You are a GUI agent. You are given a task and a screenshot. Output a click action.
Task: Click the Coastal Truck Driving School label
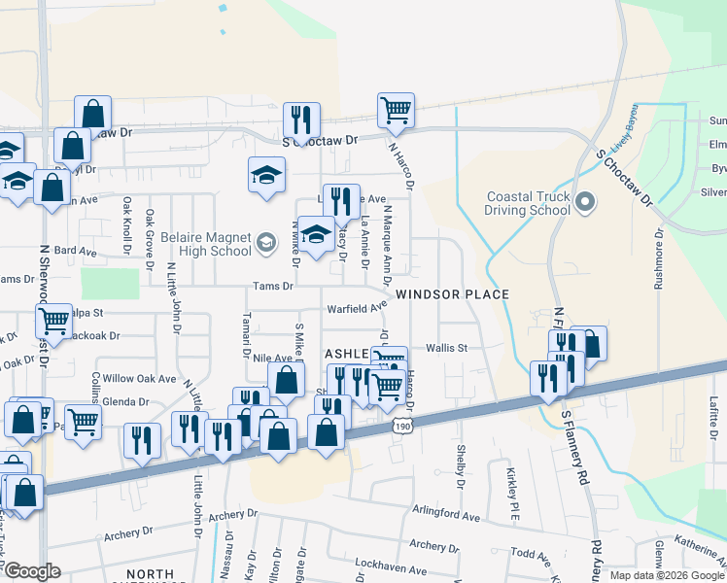point(528,203)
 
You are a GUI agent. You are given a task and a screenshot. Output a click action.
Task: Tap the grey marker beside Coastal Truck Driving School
point(584,203)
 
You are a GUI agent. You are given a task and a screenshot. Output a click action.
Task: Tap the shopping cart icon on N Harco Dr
point(397,111)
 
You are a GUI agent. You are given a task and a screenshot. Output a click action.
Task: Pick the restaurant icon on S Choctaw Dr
point(301,120)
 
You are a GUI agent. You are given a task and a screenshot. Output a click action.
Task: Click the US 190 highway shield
point(400,425)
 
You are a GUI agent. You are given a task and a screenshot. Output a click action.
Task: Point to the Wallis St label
point(447,347)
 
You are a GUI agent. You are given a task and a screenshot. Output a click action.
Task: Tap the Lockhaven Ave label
point(393,570)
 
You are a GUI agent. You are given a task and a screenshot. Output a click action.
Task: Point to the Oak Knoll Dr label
point(126,226)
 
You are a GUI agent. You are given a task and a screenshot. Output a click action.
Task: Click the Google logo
point(31,571)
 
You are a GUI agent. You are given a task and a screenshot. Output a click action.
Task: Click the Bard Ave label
point(76,252)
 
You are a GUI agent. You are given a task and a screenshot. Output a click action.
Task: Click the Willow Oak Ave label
point(139,379)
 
